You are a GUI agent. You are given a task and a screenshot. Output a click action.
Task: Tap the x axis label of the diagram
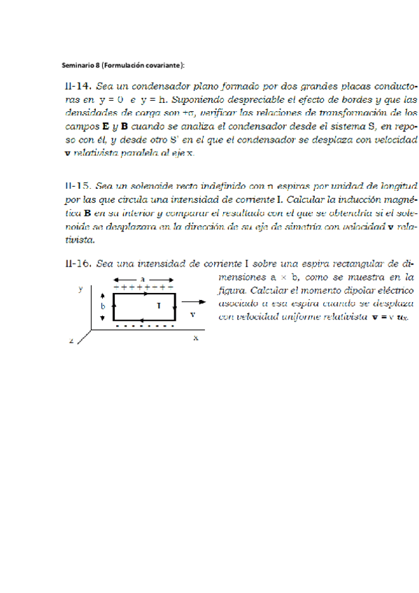(x=197, y=337)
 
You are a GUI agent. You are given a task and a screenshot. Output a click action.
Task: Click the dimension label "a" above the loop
(x=143, y=278)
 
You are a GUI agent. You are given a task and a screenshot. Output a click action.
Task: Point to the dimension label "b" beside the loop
(x=103, y=306)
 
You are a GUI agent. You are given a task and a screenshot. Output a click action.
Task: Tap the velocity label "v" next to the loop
(x=192, y=315)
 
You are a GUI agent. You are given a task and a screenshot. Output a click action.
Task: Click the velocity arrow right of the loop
(x=195, y=303)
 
